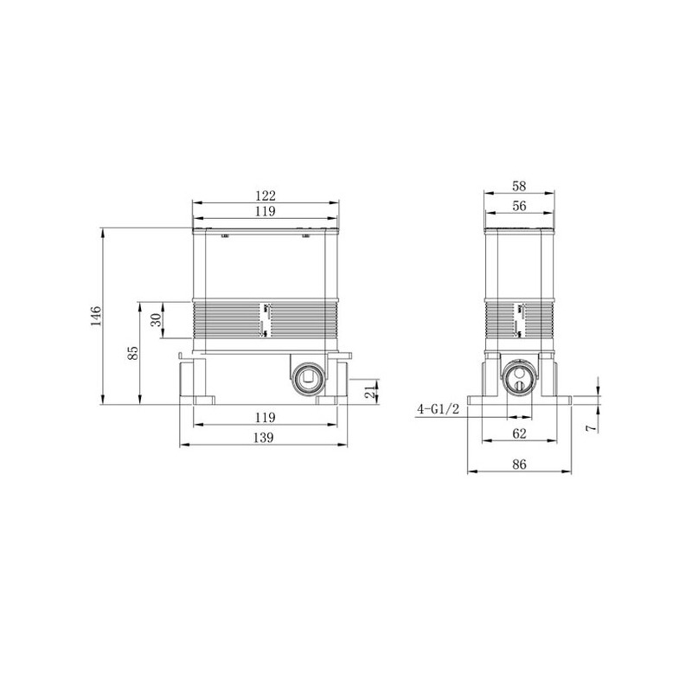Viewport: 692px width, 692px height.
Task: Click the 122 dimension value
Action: click(x=266, y=195)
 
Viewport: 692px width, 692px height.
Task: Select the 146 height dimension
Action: click(x=96, y=316)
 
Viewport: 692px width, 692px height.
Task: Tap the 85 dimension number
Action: click(x=133, y=353)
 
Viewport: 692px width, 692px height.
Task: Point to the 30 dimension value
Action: click(x=156, y=320)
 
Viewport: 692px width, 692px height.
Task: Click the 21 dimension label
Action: click(x=370, y=391)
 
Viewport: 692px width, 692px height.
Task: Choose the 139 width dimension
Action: click(x=264, y=438)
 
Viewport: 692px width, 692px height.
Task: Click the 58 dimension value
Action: click(x=519, y=186)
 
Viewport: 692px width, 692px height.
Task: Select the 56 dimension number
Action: click(x=519, y=206)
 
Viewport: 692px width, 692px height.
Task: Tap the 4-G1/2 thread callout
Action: click(x=439, y=409)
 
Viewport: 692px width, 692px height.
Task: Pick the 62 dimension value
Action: click(x=520, y=433)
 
